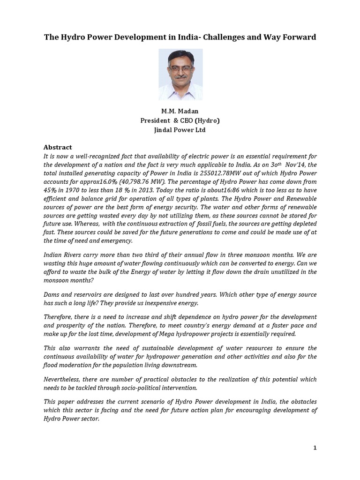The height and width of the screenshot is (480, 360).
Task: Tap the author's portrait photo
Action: coord(180,75)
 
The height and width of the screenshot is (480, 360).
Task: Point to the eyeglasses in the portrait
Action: coord(181,68)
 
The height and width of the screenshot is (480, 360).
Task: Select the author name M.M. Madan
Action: coord(180,112)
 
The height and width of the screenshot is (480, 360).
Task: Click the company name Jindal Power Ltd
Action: coord(180,130)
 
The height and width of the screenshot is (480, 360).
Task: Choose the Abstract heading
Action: coord(58,147)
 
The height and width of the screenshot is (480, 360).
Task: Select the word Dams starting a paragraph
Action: coord(52,294)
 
